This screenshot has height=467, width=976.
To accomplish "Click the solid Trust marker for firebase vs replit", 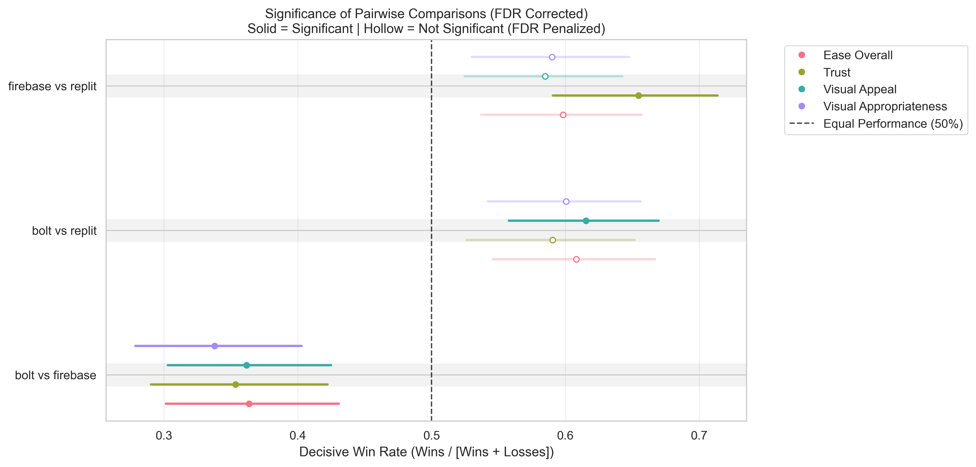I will point(639,95).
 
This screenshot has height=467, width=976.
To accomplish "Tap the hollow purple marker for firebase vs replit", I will point(552,57).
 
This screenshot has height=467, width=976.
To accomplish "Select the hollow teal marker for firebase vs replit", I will point(545,77).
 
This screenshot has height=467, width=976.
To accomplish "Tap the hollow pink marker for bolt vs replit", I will point(576,259).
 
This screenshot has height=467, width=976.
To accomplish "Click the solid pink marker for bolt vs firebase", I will point(249,404).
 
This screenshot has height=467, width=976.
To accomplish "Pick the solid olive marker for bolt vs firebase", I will point(236,384).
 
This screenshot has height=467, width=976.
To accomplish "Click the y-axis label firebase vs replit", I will point(52,86).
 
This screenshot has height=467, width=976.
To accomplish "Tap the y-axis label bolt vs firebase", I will point(55,375).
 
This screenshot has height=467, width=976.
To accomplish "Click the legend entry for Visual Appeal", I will point(859,89).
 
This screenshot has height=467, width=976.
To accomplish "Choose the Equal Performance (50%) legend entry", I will point(893,124).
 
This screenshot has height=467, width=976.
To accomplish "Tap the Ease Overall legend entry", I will point(858,55).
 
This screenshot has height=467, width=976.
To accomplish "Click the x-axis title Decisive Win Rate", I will point(426,452).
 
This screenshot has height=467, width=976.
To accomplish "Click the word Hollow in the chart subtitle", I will point(383,29).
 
